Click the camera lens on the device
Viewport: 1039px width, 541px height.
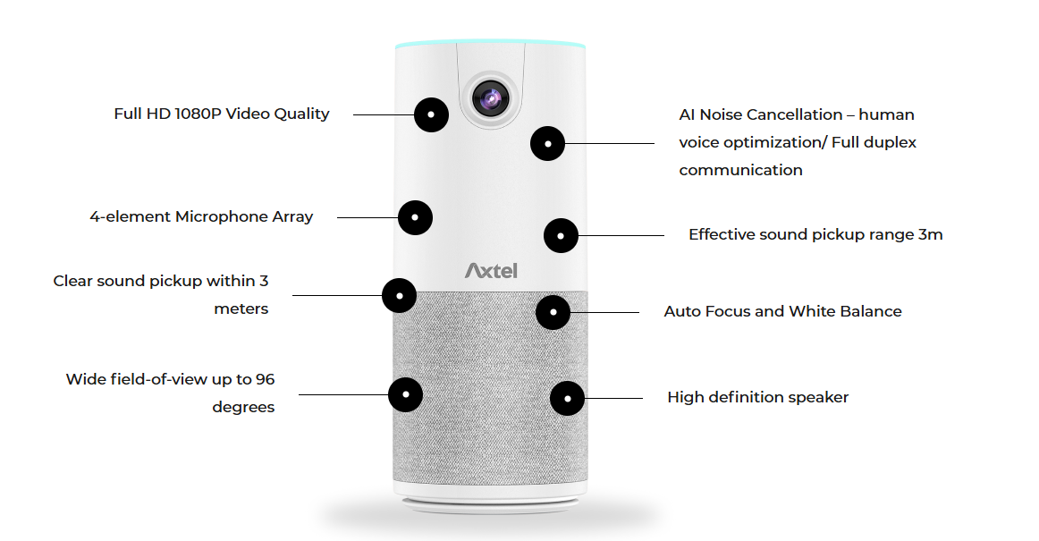[x=490, y=99]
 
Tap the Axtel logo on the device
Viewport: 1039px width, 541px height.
[x=491, y=269]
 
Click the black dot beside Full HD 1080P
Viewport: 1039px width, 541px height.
[x=432, y=114]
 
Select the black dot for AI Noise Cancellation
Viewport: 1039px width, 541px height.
[x=547, y=143]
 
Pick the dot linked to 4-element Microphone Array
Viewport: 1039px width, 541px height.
[x=415, y=217]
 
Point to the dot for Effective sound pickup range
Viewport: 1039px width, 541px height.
[x=561, y=235]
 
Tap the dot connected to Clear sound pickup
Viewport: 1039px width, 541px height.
[x=400, y=295]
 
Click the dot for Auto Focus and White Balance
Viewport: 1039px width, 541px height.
[x=553, y=312]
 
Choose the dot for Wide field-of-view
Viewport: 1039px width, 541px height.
[x=406, y=393]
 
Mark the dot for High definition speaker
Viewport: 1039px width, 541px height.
[x=567, y=398]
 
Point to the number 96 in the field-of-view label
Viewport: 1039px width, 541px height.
[x=265, y=379]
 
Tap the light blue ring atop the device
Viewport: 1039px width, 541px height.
[x=490, y=42]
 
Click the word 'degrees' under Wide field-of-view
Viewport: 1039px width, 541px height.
[x=243, y=407]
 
